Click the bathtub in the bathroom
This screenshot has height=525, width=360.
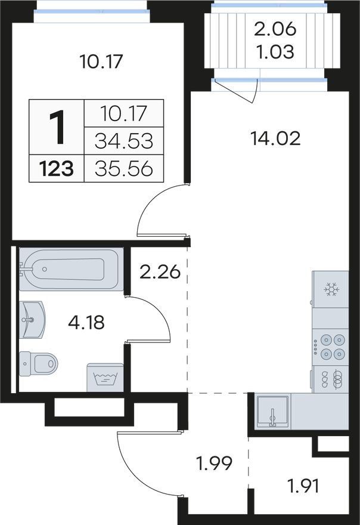(71, 269)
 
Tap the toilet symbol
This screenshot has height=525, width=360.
(39, 363)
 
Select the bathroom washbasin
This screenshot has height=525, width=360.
(32, 319)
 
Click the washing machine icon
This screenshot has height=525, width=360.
(105, 378)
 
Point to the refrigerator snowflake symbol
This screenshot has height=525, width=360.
(331, 289)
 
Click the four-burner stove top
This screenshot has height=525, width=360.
(330, 346)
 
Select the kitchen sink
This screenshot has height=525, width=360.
(272, 412)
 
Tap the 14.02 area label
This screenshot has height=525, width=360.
(275, 138)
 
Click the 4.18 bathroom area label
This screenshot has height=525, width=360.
(86, 323)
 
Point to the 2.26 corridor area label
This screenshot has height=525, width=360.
(160, 272)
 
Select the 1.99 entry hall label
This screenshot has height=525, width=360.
(214, 464)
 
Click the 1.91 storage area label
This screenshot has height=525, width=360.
(303, 486)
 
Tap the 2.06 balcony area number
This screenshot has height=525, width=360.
(275, 29)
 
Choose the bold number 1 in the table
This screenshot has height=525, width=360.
(57, 128)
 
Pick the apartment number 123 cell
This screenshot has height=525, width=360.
(56, 168)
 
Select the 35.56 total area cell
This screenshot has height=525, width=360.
(124, 168)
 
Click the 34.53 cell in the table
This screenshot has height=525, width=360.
(124, 141)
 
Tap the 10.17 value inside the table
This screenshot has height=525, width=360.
(124, 113)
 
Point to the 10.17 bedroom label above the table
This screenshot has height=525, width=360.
(101, 61)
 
